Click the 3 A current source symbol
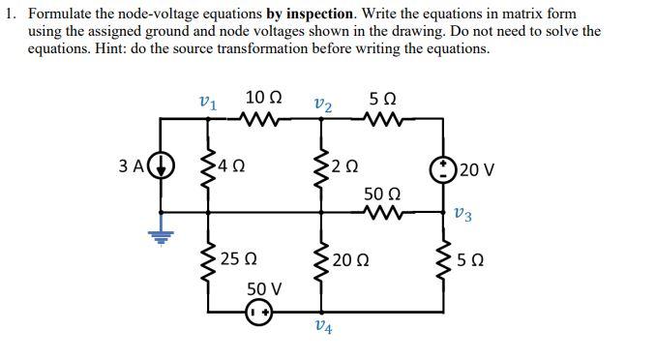(x=162, y=165)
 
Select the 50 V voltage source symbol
(x=259, y=313)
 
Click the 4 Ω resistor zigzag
(x=207, y=165)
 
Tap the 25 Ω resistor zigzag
(x=207, y=262)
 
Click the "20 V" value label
(x=478, y=170)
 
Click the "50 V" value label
(x=263, y=288)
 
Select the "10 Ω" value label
(x=263, y=97)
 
